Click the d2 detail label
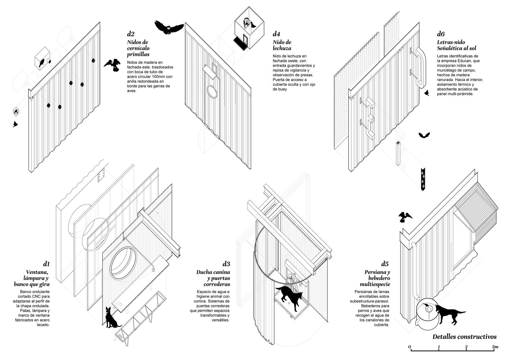[131, 34]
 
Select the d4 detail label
[276, 34]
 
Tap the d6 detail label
[441, 34]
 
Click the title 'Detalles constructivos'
[464, 337]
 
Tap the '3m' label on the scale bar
[495, 347]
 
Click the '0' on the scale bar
[410, 347]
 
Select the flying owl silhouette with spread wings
[169, 27]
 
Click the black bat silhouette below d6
[424, 135]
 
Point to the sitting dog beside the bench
[111, 318]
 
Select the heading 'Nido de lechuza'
[282, 45]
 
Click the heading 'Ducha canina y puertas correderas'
[213, 279]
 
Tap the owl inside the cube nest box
[247, 23]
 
